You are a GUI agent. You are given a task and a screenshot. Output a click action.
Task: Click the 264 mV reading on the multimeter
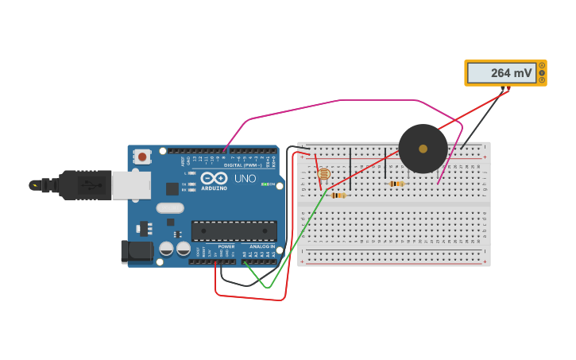tap(511, 73)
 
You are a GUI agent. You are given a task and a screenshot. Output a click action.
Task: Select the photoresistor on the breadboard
tap(323, 173)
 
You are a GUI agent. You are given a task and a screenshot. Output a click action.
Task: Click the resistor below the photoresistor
tap(338, 195)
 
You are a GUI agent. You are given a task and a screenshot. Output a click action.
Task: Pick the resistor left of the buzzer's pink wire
tap(396, 184)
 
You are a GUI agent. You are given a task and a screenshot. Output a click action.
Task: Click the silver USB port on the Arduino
tap(130, 185)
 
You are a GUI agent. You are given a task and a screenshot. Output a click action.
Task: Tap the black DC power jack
tap(137, 252)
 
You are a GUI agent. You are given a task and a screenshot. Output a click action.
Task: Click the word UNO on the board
tap(245, 179)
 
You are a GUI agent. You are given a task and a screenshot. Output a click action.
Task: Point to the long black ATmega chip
tap(234, 230)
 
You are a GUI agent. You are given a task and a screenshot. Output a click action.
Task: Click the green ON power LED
tap(263, 184)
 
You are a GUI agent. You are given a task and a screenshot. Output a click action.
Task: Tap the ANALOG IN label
tap(262, 246)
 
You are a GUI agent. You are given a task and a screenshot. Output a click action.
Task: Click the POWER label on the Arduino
tap(226, 246)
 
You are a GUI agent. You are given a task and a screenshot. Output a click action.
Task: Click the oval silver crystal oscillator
tap(170, 208)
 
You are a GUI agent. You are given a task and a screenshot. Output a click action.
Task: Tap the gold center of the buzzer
tap(423, 149)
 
